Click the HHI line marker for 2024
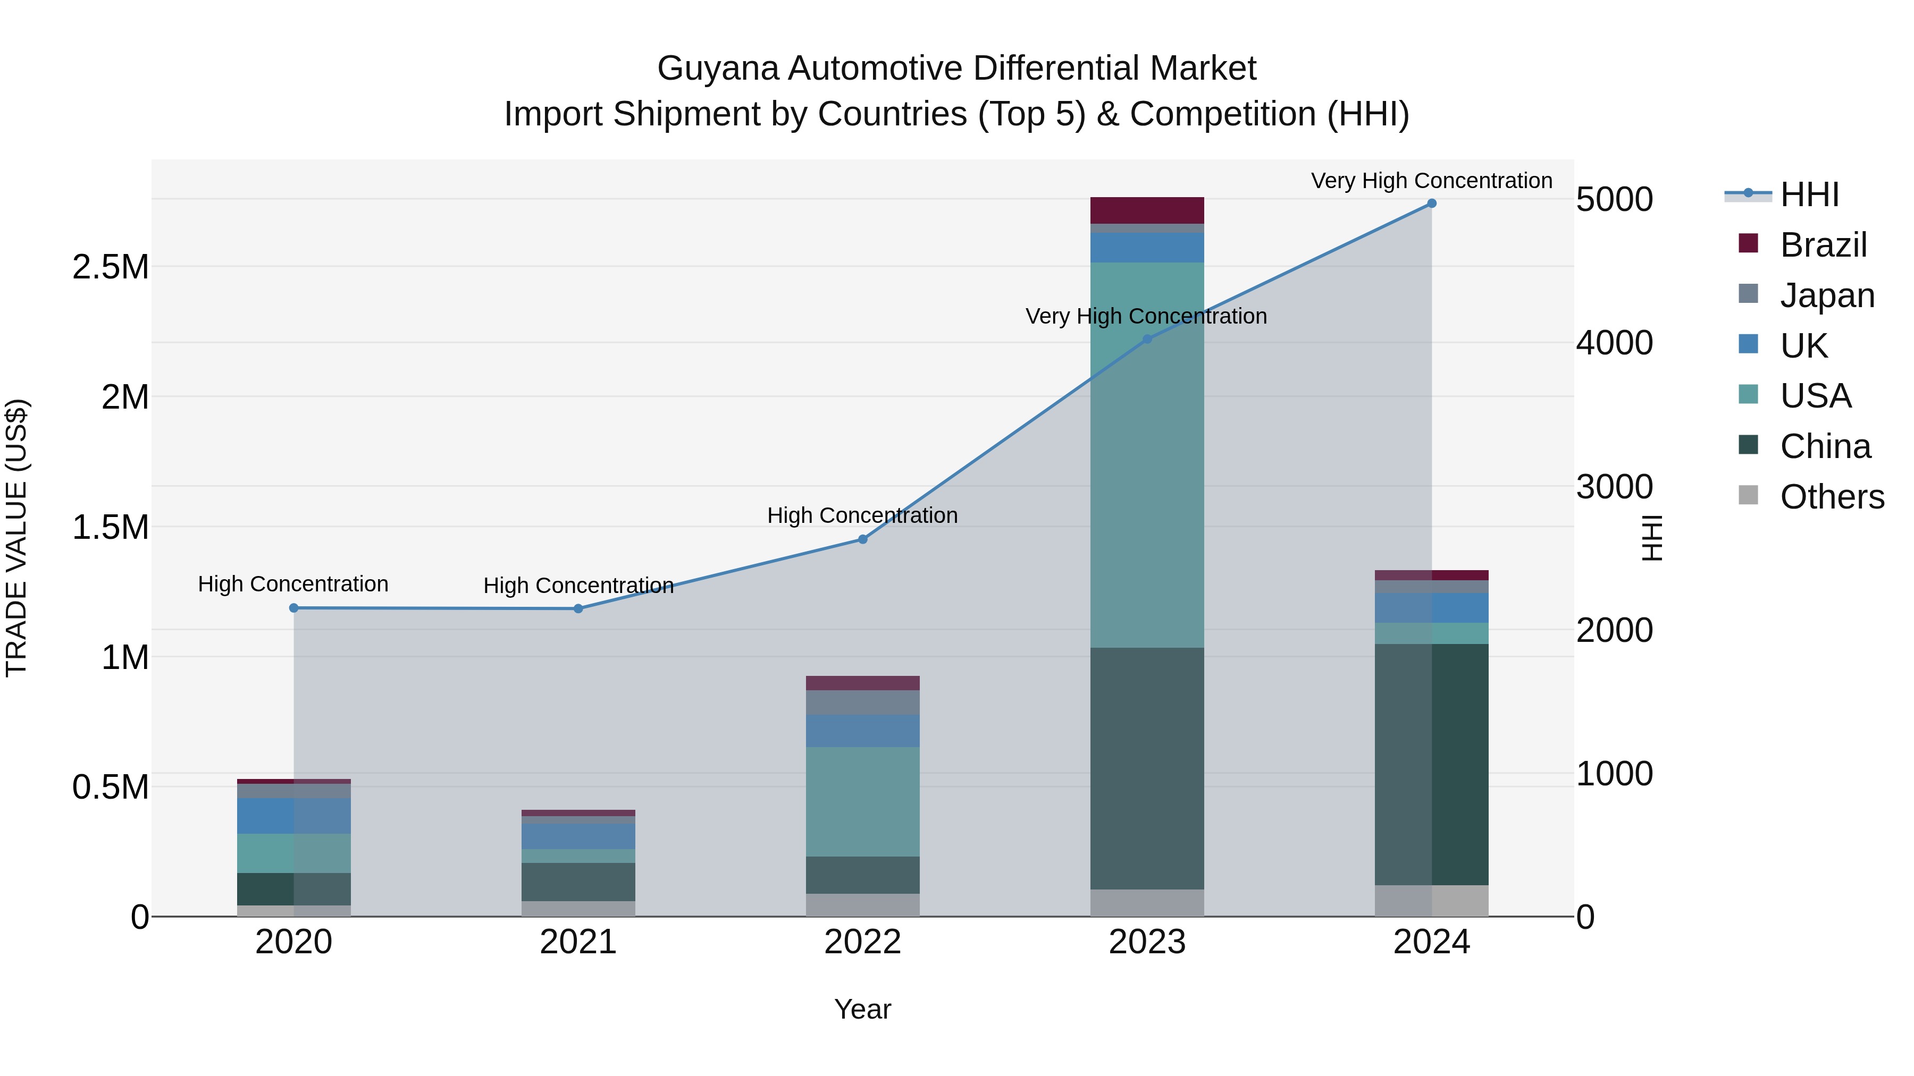tap(1431, 204)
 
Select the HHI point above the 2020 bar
tap(293, 608)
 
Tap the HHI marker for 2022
tap(863, 539)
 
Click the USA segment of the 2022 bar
tap(863, 801)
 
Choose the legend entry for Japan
tap(1827, 295)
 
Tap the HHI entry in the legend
tap(1809, 194)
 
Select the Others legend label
tap(1832, 497)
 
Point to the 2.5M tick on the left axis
tap(111, 267)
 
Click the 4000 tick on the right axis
tap(1614, 343)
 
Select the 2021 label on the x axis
tap(578, 942)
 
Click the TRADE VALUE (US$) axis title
tap(16, 538)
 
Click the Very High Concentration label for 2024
tap(1431, 181)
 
